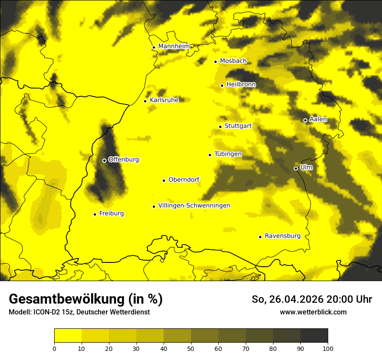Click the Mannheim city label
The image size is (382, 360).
[174, 46]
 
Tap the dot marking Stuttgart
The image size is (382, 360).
[221, 127]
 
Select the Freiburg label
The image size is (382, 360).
[111, 213]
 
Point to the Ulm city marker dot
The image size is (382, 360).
[296, 168]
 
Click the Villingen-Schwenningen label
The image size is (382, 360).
[194, 206]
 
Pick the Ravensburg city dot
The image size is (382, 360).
[260, 237]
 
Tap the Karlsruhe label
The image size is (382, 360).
[164, 100]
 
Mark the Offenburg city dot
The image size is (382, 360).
[104, 160]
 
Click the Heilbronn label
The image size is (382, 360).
[241, 85]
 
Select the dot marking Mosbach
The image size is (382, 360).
[215, 62]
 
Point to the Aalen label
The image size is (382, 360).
[318, 119]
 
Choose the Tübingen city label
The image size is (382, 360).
[228, 154]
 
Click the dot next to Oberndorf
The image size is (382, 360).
[164, 180]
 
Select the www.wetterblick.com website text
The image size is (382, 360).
[313, 312]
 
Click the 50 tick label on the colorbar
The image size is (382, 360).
[191, 348]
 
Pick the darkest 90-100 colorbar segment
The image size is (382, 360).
[314, 336]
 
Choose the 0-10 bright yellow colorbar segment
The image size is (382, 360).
[68, 336]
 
